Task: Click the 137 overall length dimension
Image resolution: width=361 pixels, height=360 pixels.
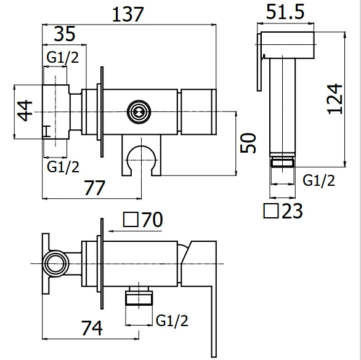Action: [128, 14]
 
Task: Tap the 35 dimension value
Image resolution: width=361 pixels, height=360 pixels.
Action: [65, 34]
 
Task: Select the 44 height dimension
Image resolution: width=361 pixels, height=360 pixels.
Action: [25, 110]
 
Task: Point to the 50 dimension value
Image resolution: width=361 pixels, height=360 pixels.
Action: [248, 143]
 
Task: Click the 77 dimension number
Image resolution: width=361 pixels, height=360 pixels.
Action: [95, 188]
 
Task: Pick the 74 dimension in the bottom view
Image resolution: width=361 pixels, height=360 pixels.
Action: [92, 328]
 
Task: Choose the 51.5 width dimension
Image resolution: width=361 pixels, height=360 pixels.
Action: [285, 12]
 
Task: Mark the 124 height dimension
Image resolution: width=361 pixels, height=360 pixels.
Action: [335, 99]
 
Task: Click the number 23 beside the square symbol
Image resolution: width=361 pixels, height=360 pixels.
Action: [292, 210]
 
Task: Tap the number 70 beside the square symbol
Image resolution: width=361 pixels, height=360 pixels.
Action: [152, 220]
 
